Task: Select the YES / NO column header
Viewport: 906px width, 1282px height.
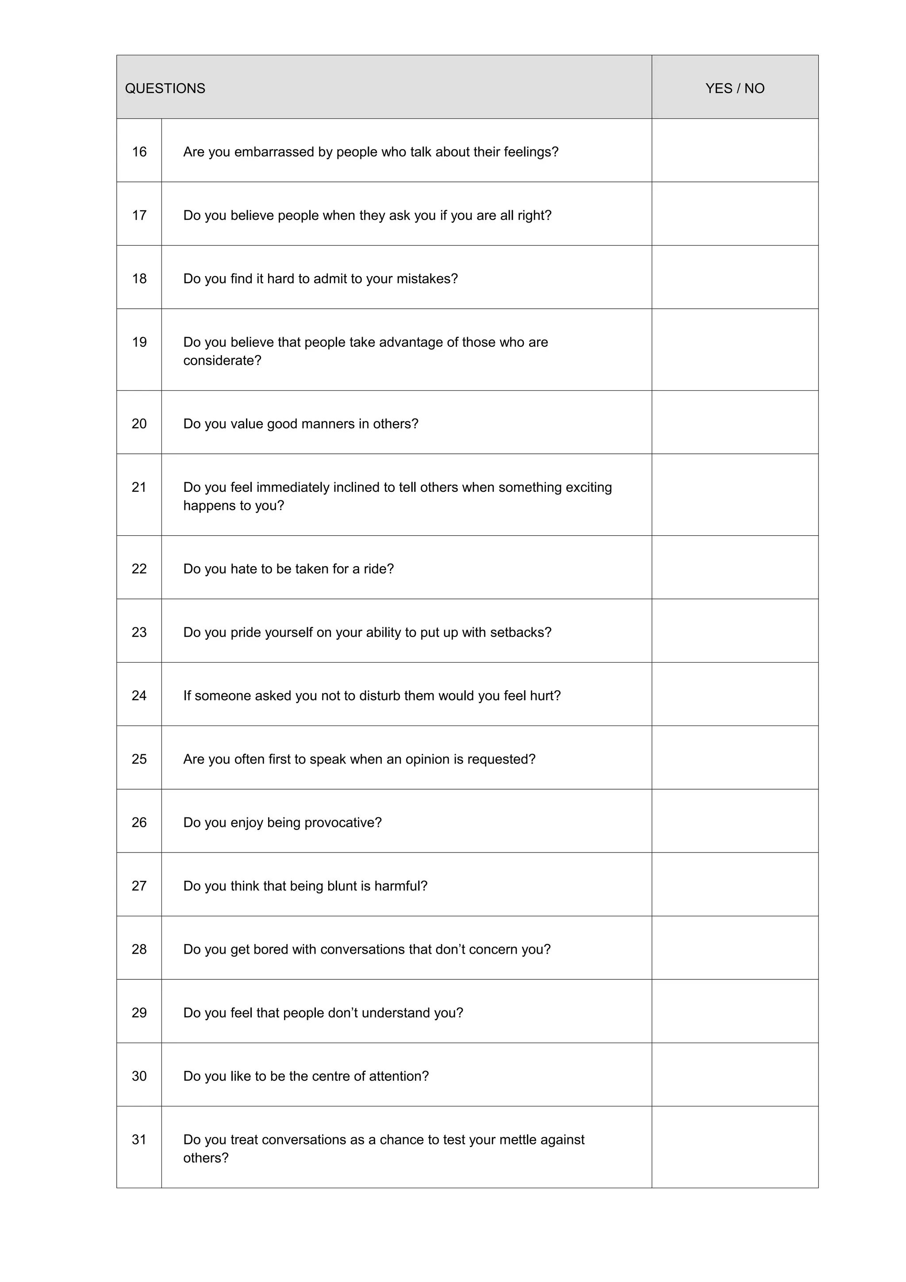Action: pos(735,88)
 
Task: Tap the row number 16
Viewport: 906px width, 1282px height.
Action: pos(139,152)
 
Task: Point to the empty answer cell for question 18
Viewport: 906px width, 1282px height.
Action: pos(735,277)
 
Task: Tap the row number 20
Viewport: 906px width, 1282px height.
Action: pos(139,424)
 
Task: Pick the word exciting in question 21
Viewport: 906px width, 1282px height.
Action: pos(588,487)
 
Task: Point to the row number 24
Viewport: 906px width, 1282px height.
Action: pos(139,696)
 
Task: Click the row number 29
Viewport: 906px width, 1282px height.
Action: pos(139,1013)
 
